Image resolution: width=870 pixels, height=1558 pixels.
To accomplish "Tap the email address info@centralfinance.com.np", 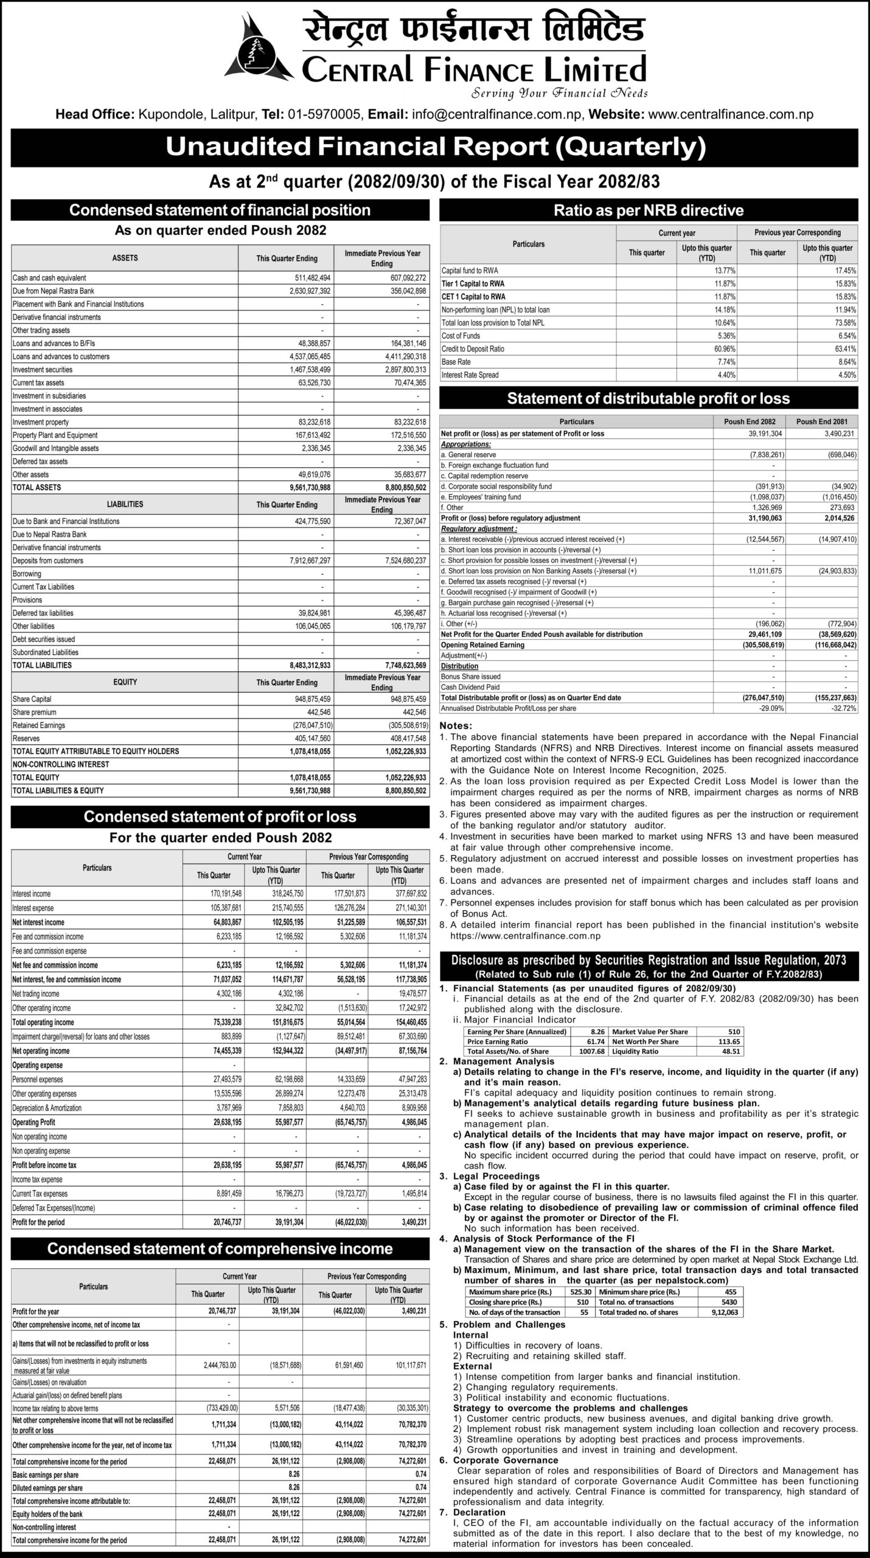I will coord(498,114).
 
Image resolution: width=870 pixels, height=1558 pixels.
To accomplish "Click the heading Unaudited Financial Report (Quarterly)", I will coord(435,148).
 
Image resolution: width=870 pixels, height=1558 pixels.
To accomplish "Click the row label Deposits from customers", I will coord(47,561).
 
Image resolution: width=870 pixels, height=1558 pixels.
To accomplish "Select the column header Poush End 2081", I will coord(821,422).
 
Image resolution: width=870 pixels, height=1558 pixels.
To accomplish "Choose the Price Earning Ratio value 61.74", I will coord(596,1041).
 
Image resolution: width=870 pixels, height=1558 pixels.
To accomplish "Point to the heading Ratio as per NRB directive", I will coord(649,211).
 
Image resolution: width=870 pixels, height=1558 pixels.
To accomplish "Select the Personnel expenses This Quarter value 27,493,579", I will coord(220,1080).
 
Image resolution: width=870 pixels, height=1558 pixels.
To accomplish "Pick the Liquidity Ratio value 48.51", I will coord(730,1051).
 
